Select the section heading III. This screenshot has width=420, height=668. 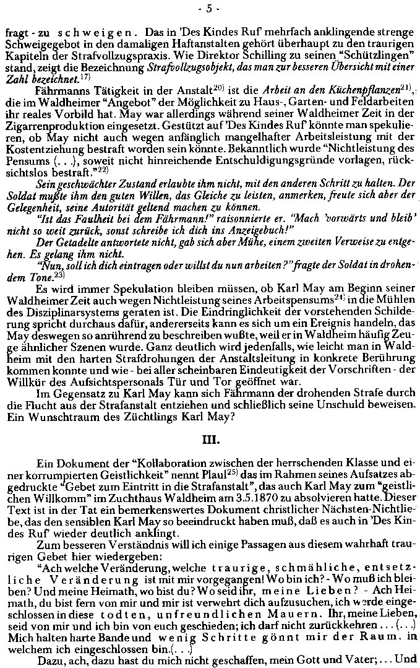point(210,441)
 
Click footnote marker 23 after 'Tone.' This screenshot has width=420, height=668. point(59,274)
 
